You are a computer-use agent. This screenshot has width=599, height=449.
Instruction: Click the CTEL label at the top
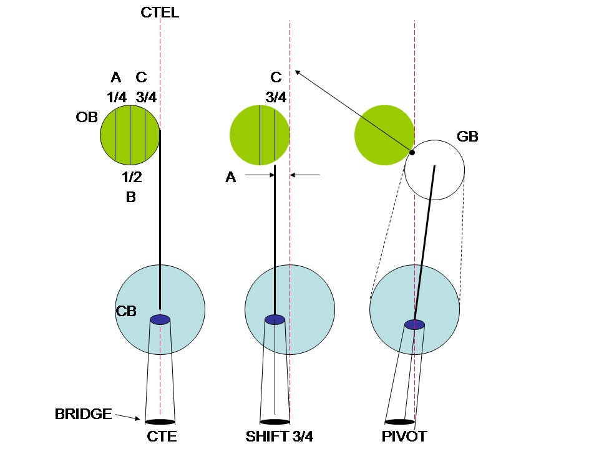tap(160, 13)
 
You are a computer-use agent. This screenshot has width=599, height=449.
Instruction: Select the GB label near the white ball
tap(467, 137)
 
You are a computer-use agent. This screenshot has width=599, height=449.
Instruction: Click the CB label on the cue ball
tap(126, 311)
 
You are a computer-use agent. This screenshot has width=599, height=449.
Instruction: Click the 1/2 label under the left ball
tap(132, 178)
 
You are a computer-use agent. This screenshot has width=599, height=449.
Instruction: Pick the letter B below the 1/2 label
tap(131, 197)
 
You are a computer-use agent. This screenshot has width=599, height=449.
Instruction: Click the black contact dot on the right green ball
tap(412, 152)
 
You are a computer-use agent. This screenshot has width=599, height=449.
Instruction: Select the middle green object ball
tap(259, 135)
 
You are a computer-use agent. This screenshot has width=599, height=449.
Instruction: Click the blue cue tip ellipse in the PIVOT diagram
tap(414, 324)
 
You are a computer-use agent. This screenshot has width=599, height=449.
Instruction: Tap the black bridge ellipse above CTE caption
tap(160, 422)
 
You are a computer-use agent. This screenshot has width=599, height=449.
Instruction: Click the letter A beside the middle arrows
tap(231, 178)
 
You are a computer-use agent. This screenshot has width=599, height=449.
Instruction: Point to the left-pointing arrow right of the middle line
tap(304, 175)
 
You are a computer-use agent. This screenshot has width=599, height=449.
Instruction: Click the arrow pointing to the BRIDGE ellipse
tap(128, 417)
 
